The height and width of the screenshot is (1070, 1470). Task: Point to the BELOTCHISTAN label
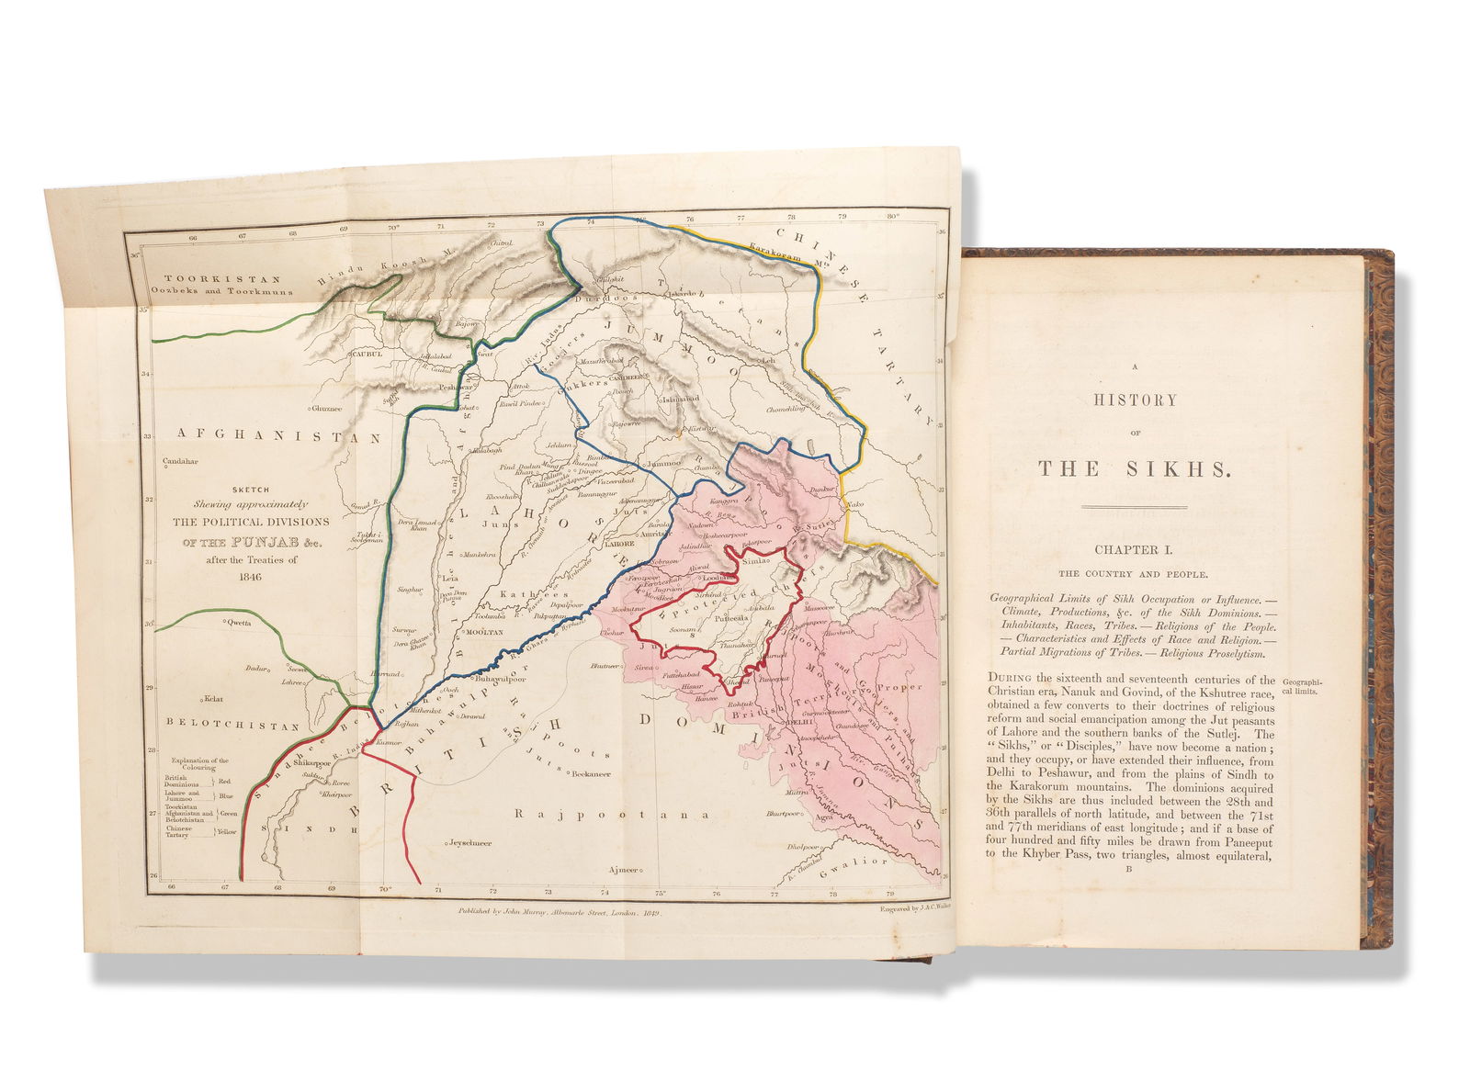tap(233, 726)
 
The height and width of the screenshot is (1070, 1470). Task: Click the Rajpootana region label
tap(613, 814)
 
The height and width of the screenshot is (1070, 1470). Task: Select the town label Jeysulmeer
tap(469, 842)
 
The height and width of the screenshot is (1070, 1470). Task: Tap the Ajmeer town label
tap(621, 870)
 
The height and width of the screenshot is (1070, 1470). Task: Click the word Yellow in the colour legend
tap(225, 832)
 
